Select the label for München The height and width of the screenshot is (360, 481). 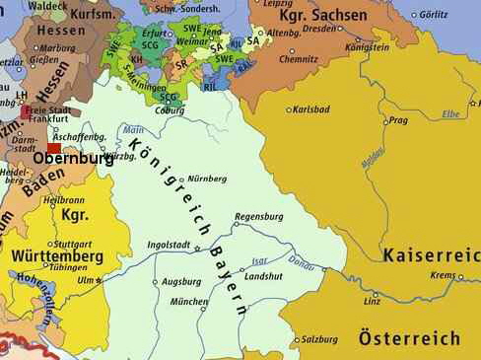click(189, 302)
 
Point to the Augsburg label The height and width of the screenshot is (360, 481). click(181, 281)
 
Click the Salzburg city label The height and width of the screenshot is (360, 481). click(319, 339)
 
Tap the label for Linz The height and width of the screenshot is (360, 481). click(371, 297)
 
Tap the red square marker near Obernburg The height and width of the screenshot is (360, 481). click(54, 148)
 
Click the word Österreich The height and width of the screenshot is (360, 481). click(409, 338)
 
